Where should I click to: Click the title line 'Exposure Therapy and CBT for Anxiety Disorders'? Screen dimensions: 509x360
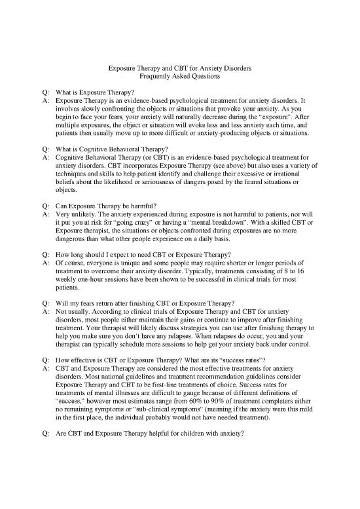point(180,69)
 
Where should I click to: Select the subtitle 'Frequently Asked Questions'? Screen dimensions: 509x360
point(180,78)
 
